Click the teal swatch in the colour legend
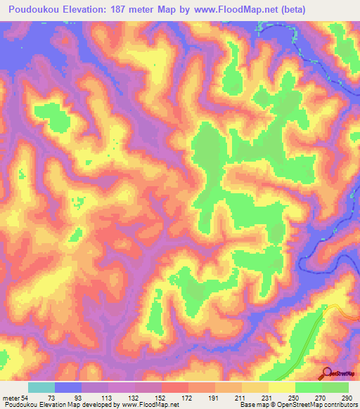[x=41, y=387]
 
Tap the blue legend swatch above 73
[x=68, y=387]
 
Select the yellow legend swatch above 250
[x=282, y=387]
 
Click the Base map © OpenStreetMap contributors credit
[x=296, y=405]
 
